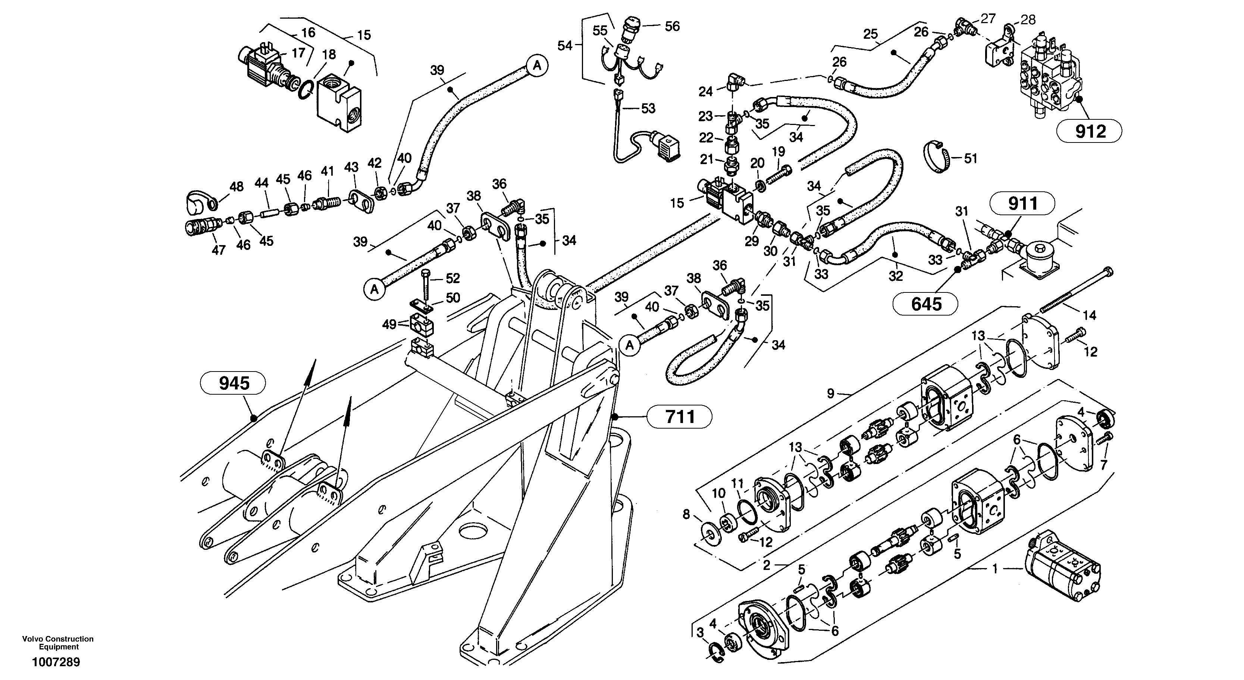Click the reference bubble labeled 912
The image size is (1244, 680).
point(1090,131)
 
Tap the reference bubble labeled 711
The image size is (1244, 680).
point(680,416)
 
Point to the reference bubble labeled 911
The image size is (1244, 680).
point(1022,204)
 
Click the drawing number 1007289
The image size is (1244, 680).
point(56,662)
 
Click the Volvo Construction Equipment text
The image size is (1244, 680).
point(58,643)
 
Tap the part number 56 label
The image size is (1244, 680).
point(672,26)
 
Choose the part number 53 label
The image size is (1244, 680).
point(648,109)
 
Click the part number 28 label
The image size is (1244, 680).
point(1028,20)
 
